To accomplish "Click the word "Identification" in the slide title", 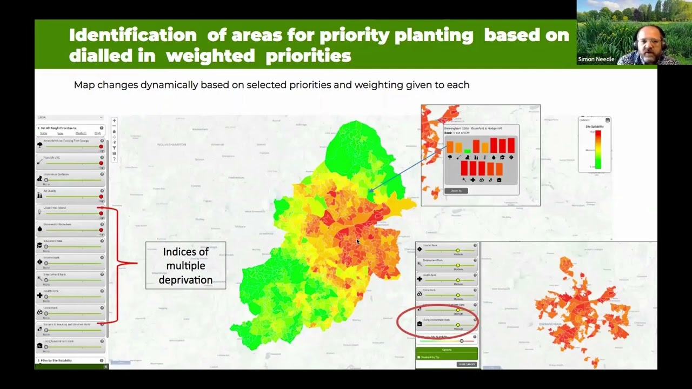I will click(132, 35).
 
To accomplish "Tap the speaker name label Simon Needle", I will click(596, 59).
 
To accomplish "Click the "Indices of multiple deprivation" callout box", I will click(185, 265).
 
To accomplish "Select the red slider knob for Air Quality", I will click(101, 197).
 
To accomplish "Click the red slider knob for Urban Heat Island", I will click(101, 213).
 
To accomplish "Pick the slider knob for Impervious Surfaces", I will click(46, 180).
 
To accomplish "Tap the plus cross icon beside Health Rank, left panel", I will click(39, 296).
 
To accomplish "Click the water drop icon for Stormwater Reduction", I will click(39, 229).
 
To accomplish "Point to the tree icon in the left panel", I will click(39, 145).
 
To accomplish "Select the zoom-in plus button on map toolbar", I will click(114, 121).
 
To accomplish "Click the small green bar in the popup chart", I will click(467, 151).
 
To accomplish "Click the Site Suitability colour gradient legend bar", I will click(598, 149).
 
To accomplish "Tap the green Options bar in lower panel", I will click(447, 350).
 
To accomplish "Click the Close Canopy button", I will click(467, 364).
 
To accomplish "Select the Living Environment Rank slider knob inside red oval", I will click(458, 325).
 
